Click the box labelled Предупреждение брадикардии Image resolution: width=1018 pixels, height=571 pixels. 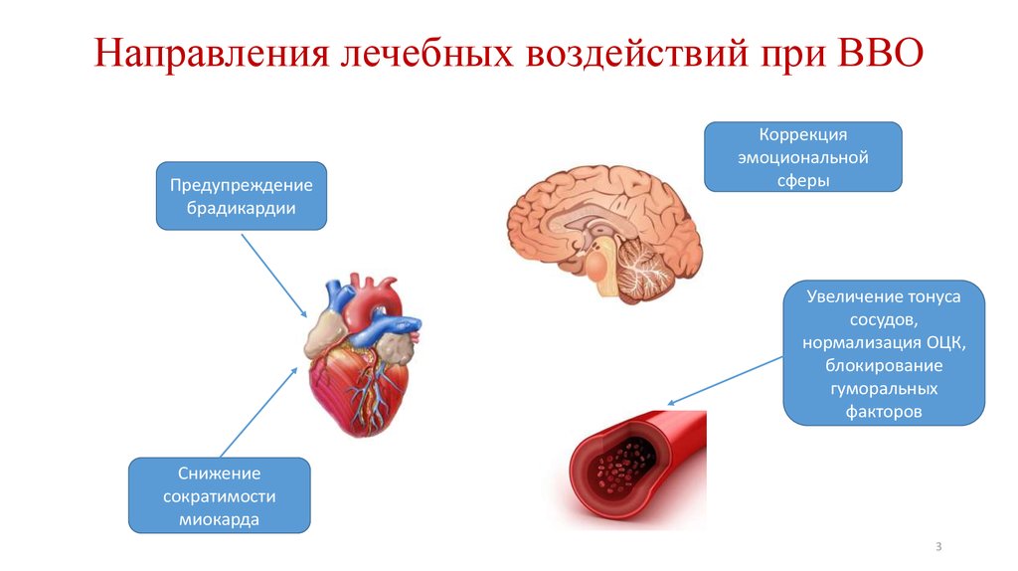241,196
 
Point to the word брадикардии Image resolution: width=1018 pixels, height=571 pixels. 241,208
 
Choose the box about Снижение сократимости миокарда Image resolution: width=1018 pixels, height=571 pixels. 219,494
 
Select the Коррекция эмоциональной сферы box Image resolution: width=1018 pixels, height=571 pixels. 802,156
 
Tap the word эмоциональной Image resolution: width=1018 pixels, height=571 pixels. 802,157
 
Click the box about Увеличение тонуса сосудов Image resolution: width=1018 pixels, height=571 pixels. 883,353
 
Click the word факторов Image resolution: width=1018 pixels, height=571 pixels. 883,411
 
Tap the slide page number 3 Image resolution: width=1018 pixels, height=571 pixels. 937,547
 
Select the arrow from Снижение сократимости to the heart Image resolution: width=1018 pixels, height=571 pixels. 258,411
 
